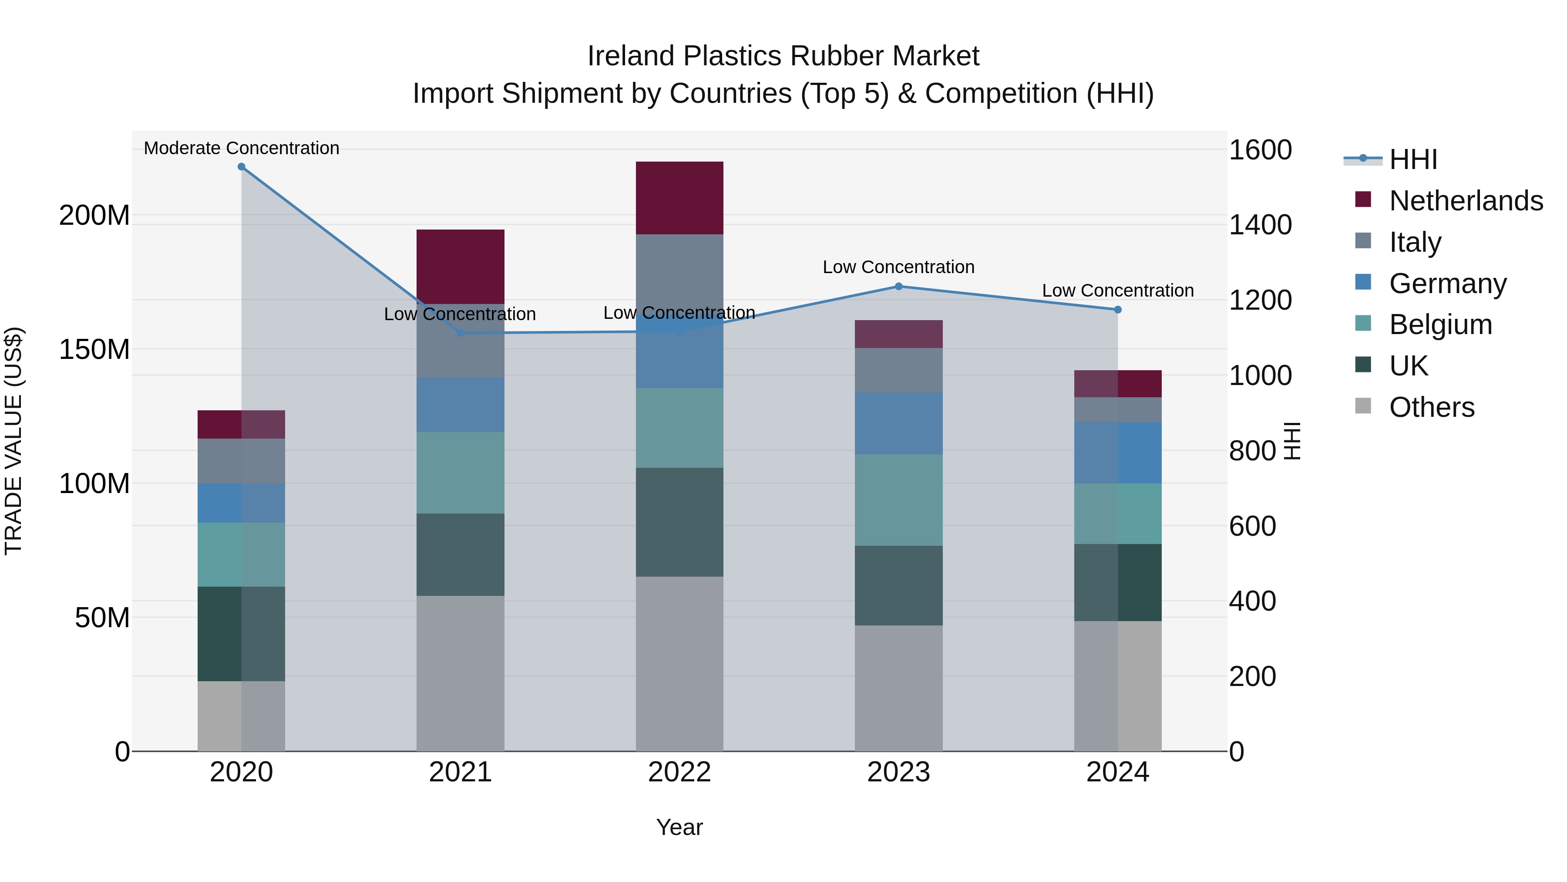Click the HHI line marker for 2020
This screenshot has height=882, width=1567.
(x=242, y=167)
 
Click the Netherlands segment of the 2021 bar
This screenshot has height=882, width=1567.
(x=461, y=266)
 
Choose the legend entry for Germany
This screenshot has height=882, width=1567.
(x=1448, y=284)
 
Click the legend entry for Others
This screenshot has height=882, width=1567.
(x=1431, y=407)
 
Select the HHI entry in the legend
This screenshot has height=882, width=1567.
(x=1412, y=159)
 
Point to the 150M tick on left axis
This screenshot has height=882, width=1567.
(x=94, y=349)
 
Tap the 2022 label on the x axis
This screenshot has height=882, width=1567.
(x=679, y=772)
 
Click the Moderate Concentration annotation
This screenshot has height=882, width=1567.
(x=242, y=148)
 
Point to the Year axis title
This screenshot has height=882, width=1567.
(x=679, y=827)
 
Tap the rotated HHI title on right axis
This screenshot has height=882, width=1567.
(x=1292, y=441)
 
